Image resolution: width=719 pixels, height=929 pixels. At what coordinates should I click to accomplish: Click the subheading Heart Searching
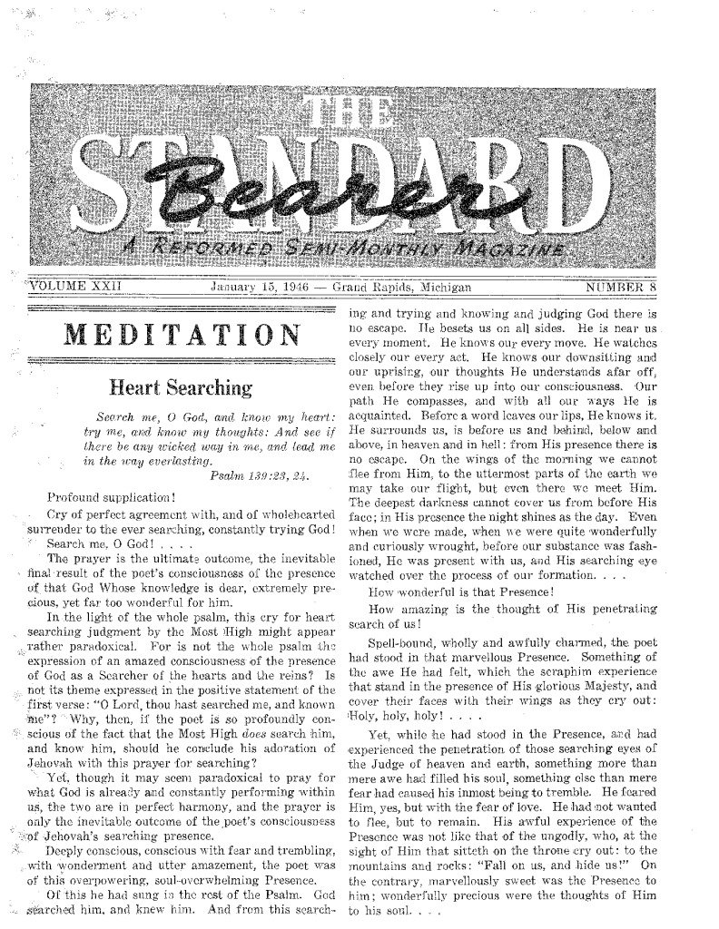point(181,388)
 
